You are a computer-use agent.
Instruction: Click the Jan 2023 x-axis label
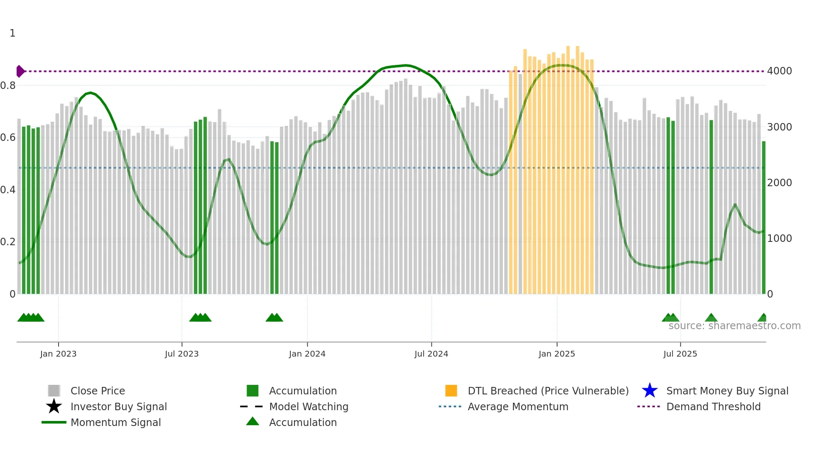pyautogui.click(x=58, y=354)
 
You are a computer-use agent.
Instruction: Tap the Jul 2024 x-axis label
pyautogui.click(x=431, y=354)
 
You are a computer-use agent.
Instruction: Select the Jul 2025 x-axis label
pyautogui.click(x=680, y=354)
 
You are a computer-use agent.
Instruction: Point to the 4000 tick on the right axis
pyautogui.click(x=779, y=71)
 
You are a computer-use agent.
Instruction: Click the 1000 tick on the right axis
pyautogui.click(x=779, y=239)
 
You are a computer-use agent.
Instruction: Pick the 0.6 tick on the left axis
pyautogui.click(x=7, y=138)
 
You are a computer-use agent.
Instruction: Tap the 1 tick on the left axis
pyautogui.click(x=12, y=33)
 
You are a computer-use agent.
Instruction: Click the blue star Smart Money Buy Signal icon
pyautogui.click(x=650, y=391)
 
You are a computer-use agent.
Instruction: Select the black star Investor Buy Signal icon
pyautogui.click(x=54, y=406)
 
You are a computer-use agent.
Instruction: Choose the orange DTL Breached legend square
pyautogui.click(x=451, y=391)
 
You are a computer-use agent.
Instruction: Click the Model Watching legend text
pyautogui.click(x=309, y=406)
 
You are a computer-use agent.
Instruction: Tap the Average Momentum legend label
pyautogui.click(x=518, y=406)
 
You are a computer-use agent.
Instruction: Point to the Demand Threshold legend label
pyautogui.click(x=713, y=406)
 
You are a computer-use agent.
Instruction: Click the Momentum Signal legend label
pyautogui.click(x=115, y=422)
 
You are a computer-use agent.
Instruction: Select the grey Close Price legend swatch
pyautogui.click(x=54, y=391)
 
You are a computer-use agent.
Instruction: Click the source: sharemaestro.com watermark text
pyautogui.click(x=734, y=326)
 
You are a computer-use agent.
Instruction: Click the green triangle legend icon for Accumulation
pyautogui.click(x=253, y=421)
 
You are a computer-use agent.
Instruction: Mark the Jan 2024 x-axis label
pyautogui.click(x=307, y=354)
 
